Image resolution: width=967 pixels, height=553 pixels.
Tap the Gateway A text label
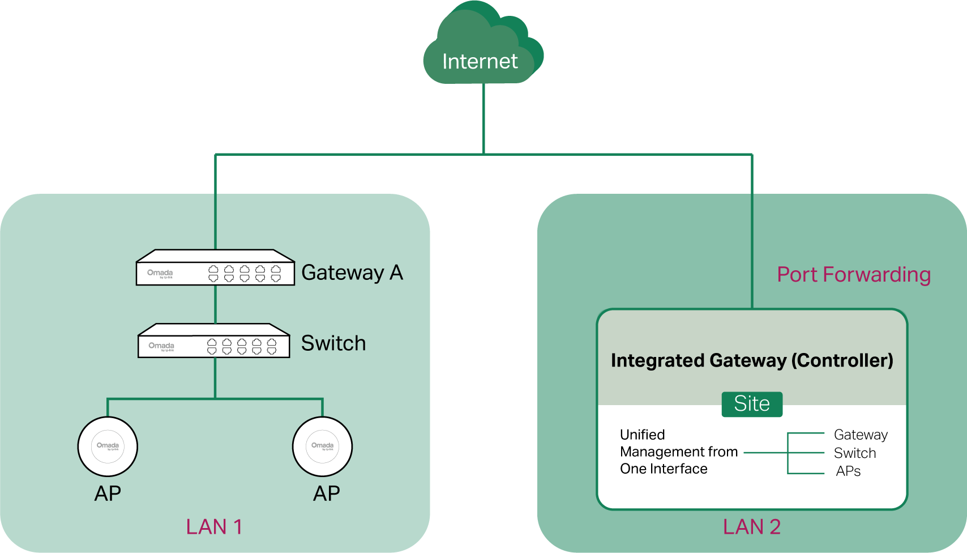click(x=352, y=273)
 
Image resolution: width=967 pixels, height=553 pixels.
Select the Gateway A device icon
click(x=215, y=268)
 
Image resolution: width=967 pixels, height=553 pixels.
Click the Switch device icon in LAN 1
click(x=214, y=341)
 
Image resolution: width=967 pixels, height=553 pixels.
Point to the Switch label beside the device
click(x=333, y=343)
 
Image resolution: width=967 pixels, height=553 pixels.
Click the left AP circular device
click(x=108, y=446)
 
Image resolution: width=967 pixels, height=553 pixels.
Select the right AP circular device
click(x=322, y=446)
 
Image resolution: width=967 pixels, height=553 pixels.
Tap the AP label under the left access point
click(x=108, y=494)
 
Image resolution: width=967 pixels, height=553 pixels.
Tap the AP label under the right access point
click(x=326, y=494)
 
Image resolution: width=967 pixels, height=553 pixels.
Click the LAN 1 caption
click(x=214, y=527)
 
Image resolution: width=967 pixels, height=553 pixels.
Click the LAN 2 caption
click(x=751, y=527)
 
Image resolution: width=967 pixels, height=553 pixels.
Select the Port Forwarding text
click(x=853, y=275)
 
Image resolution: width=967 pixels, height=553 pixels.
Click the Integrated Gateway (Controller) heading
click(x=751, y=360)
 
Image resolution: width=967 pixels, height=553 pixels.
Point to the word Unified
click(x=642, y=435)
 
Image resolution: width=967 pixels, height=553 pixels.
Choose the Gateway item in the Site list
click(x=860, y=435)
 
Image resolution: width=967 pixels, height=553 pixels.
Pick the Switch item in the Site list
click(x=854, y=453)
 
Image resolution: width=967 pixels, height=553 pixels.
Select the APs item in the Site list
click(x=848, y=471)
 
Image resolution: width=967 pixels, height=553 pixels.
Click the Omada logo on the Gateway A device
click(x=160, y=273)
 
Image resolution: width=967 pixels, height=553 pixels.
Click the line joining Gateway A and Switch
click(x=215, y=304)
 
